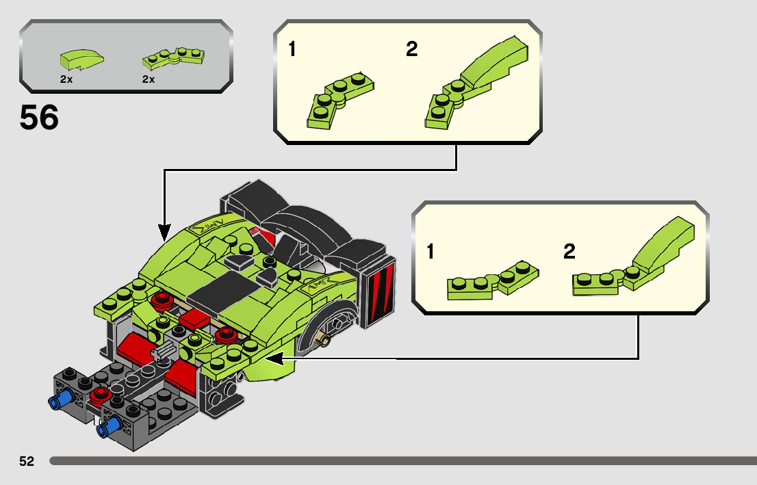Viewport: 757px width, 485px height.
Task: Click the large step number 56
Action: (39, 118)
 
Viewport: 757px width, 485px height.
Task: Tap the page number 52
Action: (27, 462)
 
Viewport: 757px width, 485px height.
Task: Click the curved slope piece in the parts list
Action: (82, 59)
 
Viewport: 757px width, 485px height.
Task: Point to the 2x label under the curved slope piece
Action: (66, 79)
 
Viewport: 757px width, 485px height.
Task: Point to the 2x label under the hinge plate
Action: (149, 79)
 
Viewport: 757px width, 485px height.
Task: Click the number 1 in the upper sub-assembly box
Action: (292, 49)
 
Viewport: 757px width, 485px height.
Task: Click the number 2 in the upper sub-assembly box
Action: (411, 49)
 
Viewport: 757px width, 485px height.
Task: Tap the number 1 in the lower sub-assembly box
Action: (430, 252)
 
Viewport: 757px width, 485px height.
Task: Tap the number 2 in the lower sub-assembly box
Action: (569, 252)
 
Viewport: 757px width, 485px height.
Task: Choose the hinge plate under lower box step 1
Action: (492, 280)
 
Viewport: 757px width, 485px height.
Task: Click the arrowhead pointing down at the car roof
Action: (164, 231)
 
